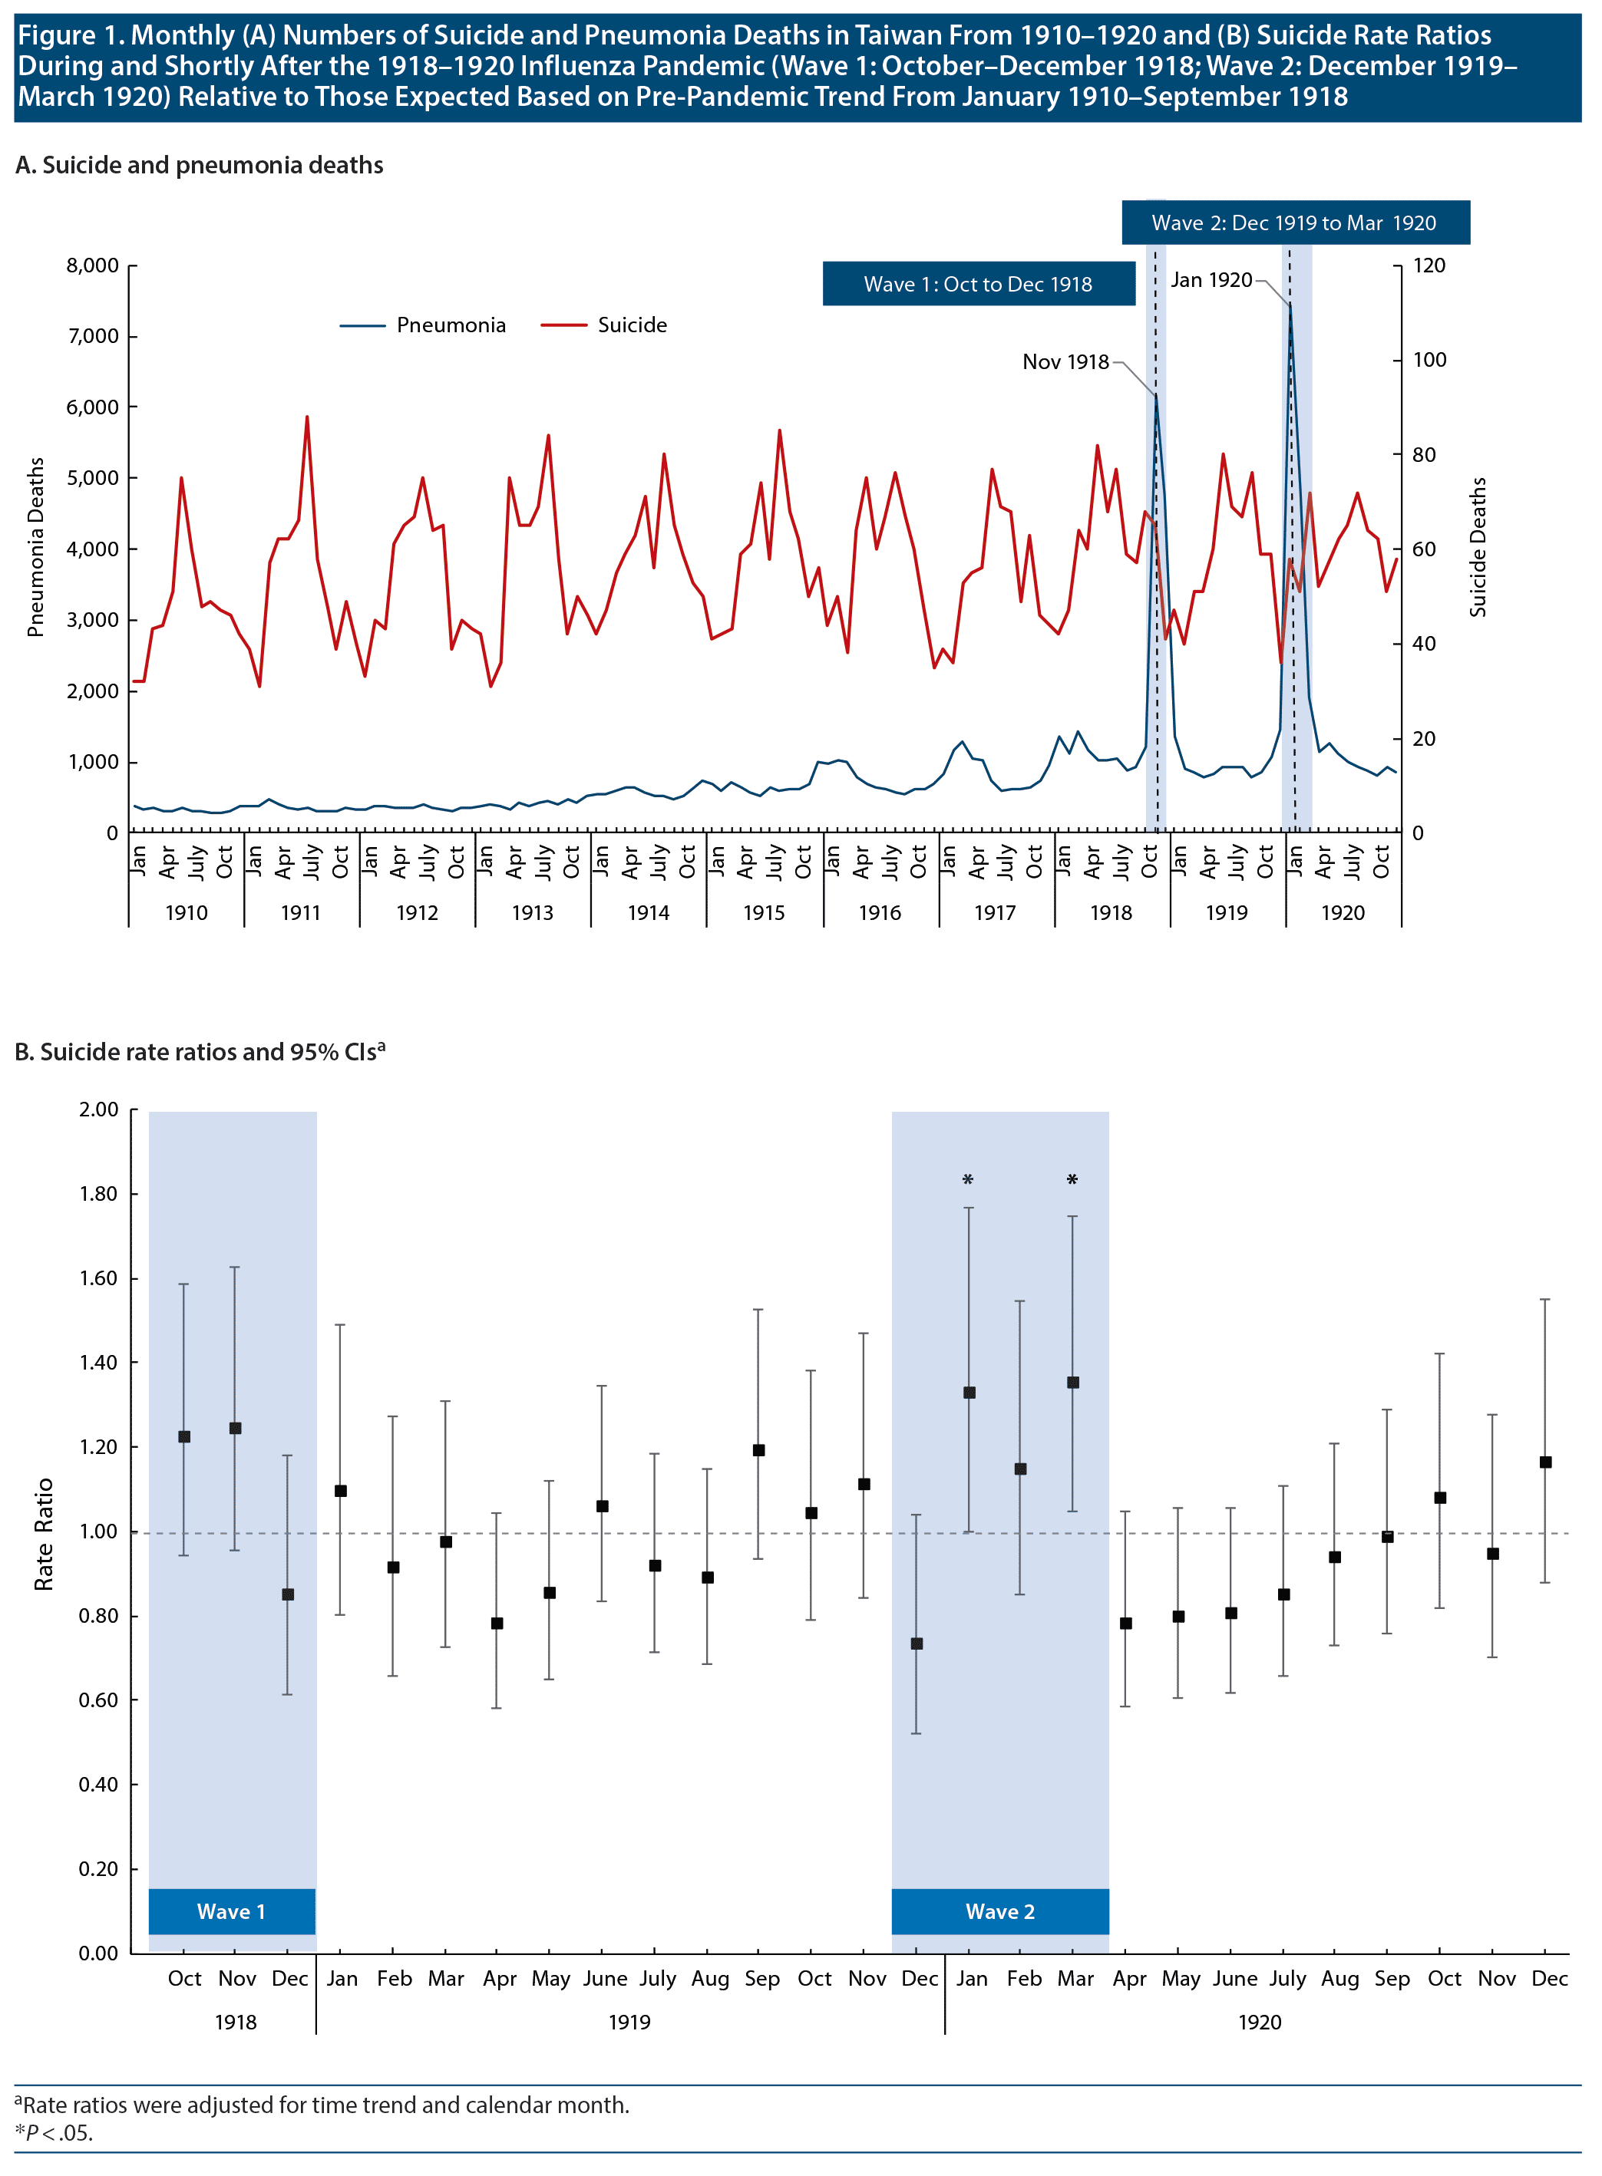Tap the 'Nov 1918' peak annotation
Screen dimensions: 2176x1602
pos(1065,361)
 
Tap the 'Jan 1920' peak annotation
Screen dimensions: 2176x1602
pos(1211,280)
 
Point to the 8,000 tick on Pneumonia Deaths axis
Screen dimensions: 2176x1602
pos(92,265)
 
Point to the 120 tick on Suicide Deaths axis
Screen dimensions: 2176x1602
pos(1429,265)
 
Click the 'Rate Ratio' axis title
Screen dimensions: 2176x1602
pos(44,1535)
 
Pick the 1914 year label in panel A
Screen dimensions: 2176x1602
pos(648,913)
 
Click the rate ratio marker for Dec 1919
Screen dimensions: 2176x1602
pos(917,1644)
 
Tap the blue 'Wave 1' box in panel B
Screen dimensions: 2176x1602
pos(231,1911)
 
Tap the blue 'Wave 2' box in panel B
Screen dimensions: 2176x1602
pos(999,1911)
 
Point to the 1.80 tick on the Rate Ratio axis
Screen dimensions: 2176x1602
pos(99,1194)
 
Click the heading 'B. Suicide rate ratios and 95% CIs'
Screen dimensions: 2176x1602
pos(199,1053)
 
